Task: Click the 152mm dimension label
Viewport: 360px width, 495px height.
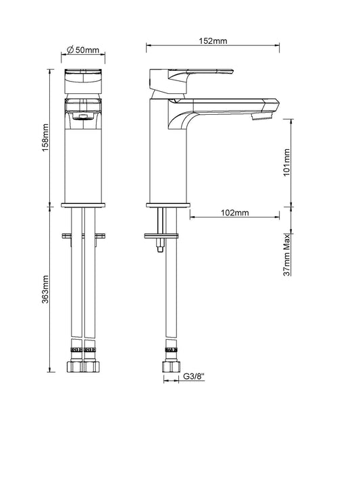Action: (x=213, y=41)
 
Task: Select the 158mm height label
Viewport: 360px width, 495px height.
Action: (x=46, y=138)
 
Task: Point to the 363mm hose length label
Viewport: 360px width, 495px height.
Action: (x=46, y=290)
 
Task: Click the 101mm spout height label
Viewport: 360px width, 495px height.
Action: (x=286, y=163)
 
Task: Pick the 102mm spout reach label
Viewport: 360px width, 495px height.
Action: (x=234, y=213)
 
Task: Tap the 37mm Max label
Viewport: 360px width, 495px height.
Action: (x=286, y=255)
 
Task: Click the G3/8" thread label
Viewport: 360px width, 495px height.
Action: (x=195, y=376)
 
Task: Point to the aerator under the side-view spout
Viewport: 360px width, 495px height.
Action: (x=261, y=117)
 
